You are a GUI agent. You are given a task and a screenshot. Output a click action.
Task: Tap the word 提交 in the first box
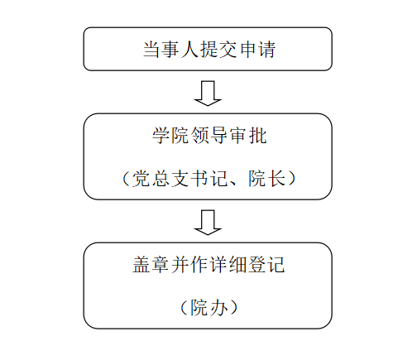(218, 50)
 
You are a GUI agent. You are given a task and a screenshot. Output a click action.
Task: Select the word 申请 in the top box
(257, 50)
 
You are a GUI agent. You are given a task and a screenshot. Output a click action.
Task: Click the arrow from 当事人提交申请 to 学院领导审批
(208, 94)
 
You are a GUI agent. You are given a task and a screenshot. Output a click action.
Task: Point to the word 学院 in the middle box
(170, 136)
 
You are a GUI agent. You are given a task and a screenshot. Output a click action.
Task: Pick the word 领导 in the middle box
(209, 136)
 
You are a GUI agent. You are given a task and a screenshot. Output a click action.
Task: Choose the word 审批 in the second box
(248, 136)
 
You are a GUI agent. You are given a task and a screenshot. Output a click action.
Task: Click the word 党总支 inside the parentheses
(161, 179)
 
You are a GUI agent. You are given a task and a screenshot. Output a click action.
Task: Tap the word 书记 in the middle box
(209, 179)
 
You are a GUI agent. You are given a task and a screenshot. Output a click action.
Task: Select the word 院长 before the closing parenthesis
(266, 179)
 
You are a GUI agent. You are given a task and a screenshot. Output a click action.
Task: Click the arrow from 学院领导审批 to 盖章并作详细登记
(208, 223)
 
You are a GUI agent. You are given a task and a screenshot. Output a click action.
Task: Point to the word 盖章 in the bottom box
(151, 265)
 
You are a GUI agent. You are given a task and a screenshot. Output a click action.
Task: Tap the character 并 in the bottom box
(180, 265)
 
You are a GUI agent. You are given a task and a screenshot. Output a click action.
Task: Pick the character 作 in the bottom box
(199, 265)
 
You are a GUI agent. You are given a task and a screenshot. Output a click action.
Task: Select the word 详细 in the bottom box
(228, 265)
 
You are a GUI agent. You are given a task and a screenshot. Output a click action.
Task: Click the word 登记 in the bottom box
(266, 265)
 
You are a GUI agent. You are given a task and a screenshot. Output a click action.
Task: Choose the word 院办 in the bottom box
(209, 308)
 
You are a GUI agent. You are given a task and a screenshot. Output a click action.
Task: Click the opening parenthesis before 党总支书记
(126, 179)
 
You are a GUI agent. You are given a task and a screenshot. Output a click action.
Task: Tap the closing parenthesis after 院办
(233, 308)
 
